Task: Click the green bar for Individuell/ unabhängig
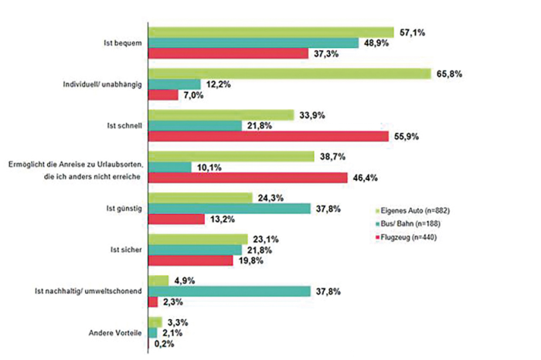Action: [289, 73]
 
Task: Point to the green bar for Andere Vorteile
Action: [155, 321]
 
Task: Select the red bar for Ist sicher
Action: [190, 260]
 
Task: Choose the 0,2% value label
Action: [165, 344]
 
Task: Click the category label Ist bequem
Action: [122, 42]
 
